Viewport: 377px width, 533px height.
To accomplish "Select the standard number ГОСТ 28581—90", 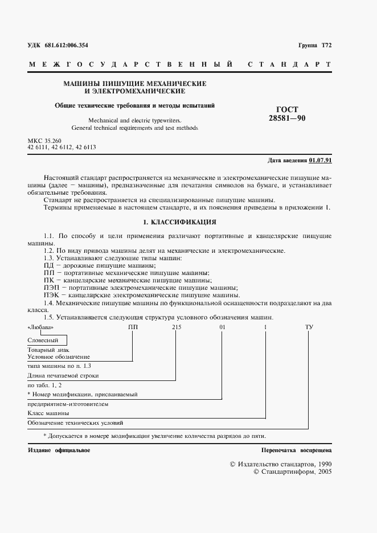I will [x=283, y=113].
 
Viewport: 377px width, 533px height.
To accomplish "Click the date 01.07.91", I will [x=320, y=160].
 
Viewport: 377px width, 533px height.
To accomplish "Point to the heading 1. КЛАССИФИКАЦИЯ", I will [x=179, y=222].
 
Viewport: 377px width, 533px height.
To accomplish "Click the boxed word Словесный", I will [x=42, y=340].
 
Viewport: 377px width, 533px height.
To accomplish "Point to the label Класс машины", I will [x=48, y=412].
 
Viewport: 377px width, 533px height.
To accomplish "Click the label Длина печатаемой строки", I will [x=63, y=376].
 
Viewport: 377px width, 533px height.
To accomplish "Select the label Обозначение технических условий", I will [x=75, y=423].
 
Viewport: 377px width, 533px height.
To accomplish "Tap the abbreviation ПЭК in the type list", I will [x=51, y=296].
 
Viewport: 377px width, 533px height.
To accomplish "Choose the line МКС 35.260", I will [x=44, y=140].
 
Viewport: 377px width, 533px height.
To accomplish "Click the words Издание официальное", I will [x=59, y=450].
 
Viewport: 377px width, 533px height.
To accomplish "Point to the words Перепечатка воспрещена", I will [x=296, y=450].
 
